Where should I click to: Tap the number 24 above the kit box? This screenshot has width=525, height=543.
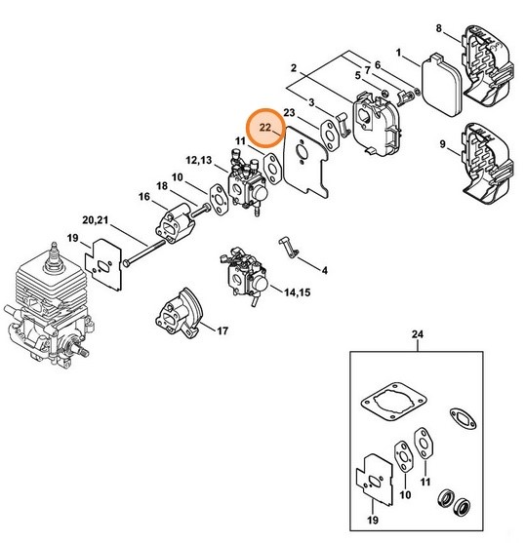(419, 335)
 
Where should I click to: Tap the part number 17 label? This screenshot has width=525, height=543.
(222, 330)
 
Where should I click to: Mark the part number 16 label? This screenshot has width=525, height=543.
(143, 197)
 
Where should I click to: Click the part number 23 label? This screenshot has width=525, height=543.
(289, 112)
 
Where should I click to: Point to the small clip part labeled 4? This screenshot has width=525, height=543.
(288, 244)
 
